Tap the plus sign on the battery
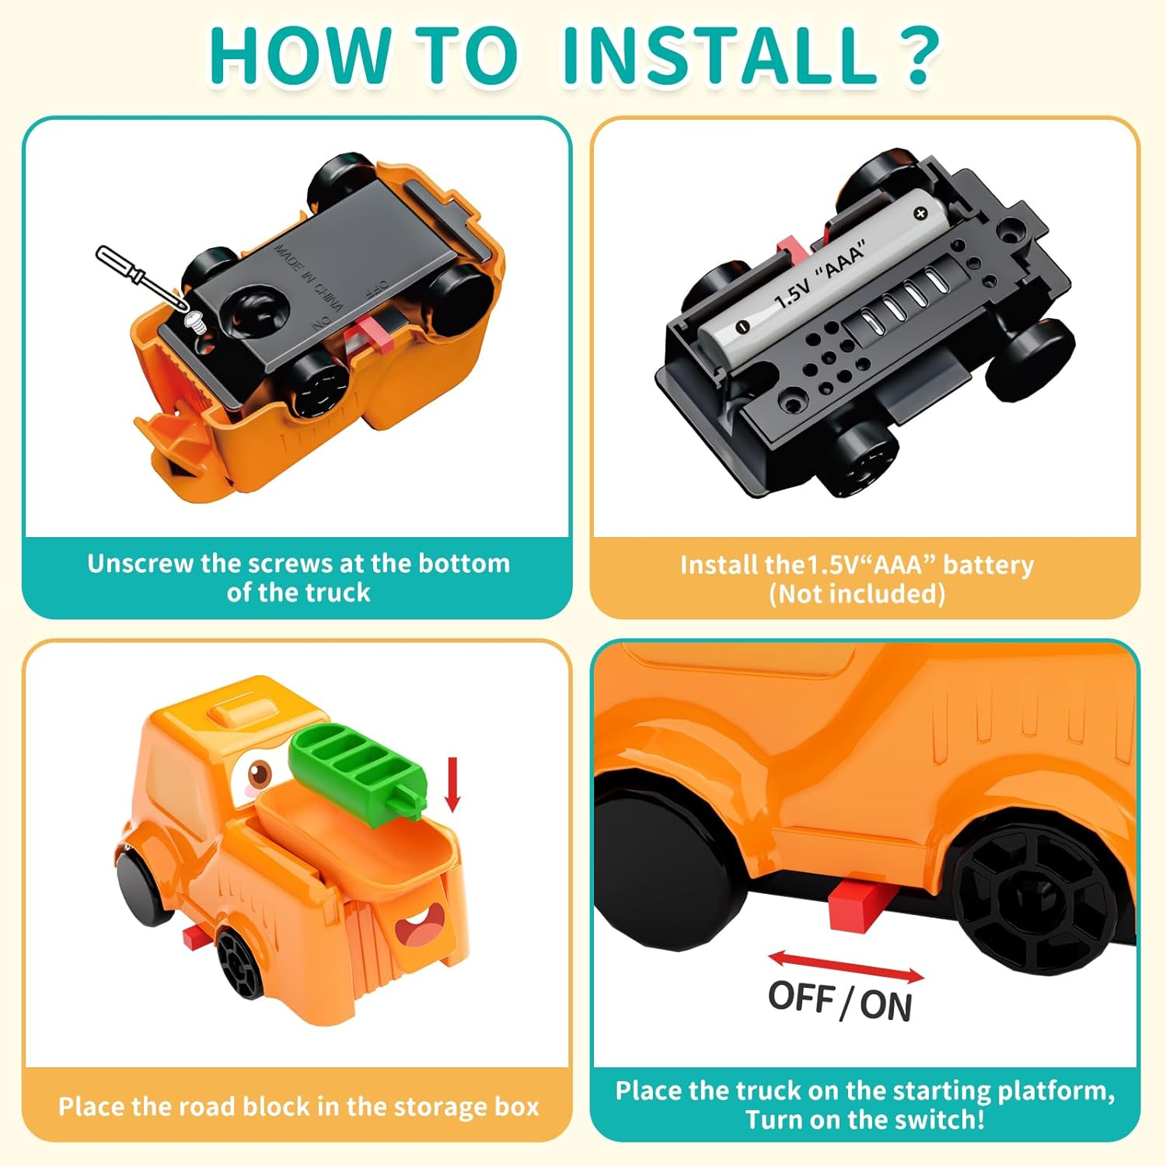(x=921, y=212)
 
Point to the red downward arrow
(x=452, y=785)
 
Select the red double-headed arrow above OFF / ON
(x=846, y=967)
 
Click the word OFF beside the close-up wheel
(x=801, y=997)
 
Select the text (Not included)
(x=857, y=594)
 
